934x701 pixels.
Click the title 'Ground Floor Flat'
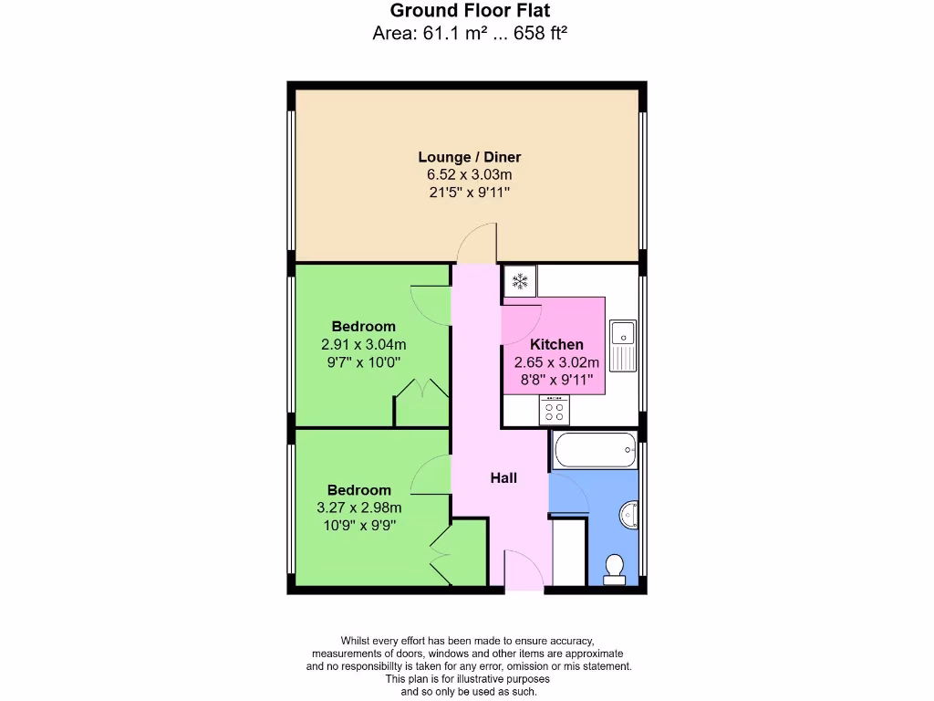click(x=470, y=11)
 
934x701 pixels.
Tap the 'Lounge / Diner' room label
click(x=470, y=157)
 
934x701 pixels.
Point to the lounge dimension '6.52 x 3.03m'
click(x=470, y=174)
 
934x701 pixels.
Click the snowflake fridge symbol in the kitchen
click(x=520, y=281)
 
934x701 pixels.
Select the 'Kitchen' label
click(x=556, y=344)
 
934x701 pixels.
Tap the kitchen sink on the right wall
click(x=624, y=346)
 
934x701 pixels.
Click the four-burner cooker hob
click(x=554, y=411)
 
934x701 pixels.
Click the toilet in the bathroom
click(x=615, y=569)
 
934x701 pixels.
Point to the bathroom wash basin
click(x=629, y=516)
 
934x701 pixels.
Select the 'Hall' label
click(x=503, y=477)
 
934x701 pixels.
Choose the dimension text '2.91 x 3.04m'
click(x=363, y=344)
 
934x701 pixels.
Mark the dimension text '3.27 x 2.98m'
click(x=359, y=507)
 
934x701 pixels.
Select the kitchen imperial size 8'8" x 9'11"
click(x=556, y=378)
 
